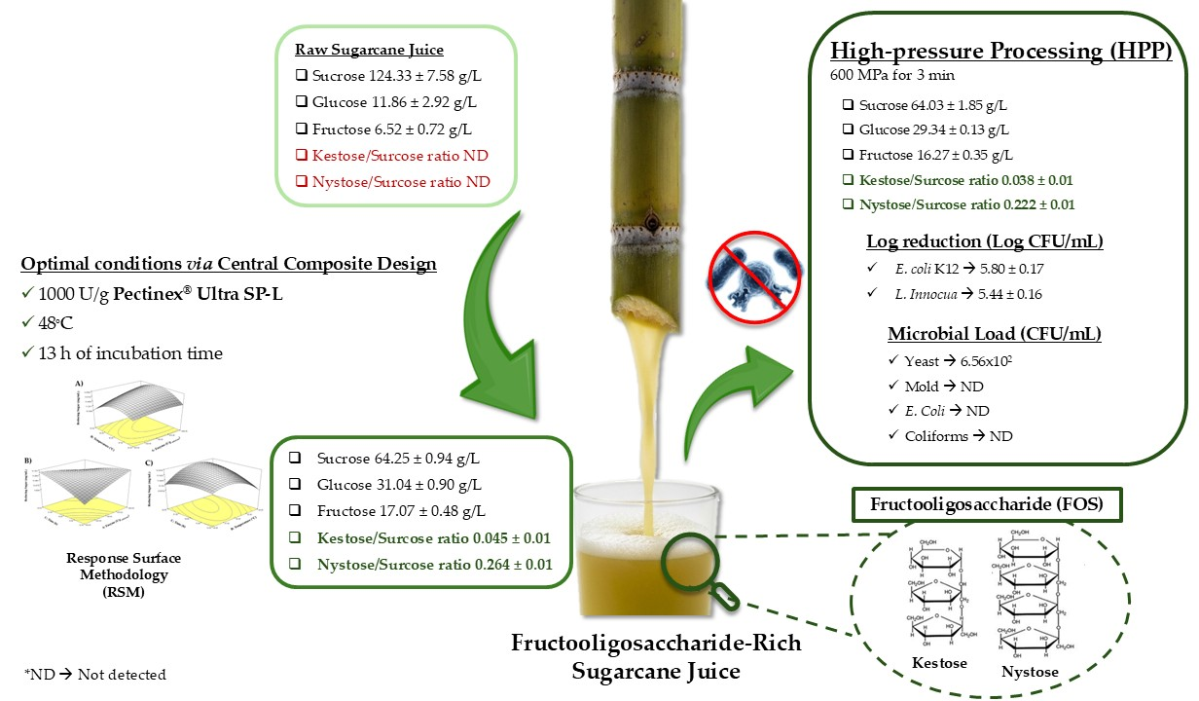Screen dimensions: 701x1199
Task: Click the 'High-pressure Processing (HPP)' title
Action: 1000,54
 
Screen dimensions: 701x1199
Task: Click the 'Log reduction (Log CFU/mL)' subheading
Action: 983,242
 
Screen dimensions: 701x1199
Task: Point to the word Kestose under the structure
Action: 939,663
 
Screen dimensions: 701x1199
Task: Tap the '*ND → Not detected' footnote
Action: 94,674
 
